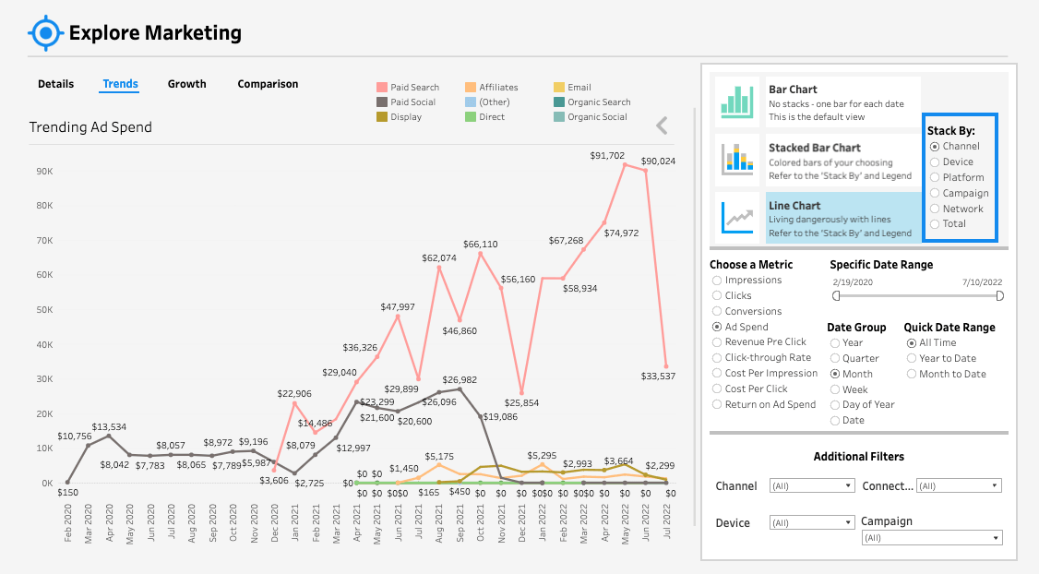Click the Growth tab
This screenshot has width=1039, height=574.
click(x=186, y=84)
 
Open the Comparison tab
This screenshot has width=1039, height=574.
click(x=268, y=84)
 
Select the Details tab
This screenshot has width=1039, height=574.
click(x=55, y=84)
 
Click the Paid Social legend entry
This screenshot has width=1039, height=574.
click(x=412, y=102)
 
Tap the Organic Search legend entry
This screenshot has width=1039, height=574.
click(x=598, y=102)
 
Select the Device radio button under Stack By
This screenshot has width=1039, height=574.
click(x=935, y=161)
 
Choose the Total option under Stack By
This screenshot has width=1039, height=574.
click(x=935, y=224)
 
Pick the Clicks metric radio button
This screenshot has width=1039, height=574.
click(x=717, y=295)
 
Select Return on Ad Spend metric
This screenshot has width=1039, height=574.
click(x=717, y=404)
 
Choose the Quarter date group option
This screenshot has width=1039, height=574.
click(x=835, y=358)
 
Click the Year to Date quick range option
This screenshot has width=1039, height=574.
click(x=912, y=358)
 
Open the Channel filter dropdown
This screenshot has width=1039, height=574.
click(x=812, y=485)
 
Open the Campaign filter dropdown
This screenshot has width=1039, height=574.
click(x=932, y=537)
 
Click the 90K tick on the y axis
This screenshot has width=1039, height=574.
click(x=43, y=172)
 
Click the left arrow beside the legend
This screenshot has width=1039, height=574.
click(x=662, y=126)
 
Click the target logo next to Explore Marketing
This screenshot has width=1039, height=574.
click(x=44, y=33)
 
